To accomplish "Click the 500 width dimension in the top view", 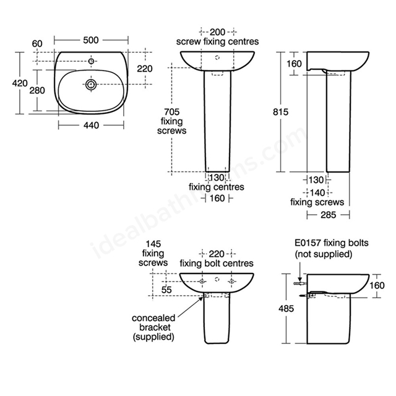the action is tap(91, 40).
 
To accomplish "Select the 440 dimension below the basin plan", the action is tap(91, 125).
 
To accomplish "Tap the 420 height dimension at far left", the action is tap(20, 83).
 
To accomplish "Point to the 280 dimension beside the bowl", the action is tap(37, 90).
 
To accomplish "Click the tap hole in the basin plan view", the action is tap(91, 61).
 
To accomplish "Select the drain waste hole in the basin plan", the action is tap(91, 84).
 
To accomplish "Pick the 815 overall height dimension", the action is tap(280, 111).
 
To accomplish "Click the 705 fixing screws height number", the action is tap(172, 111).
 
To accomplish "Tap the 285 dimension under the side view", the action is tap(329, 215).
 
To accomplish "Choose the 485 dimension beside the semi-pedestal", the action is tap(286, 308).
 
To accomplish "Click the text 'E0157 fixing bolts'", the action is tap(332, 243).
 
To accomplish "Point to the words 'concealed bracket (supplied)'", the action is tap(153, 327).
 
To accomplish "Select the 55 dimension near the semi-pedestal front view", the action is tap(166, 290).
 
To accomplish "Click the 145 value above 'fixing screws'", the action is tap(153, 244).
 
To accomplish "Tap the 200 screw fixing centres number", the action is tap(217, 32).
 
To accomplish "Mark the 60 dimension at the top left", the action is tap(37, 44).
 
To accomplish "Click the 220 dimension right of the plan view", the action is tap(145, 69).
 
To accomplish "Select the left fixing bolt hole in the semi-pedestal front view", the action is tap(202, 282).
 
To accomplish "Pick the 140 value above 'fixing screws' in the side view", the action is tap(317, 192).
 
